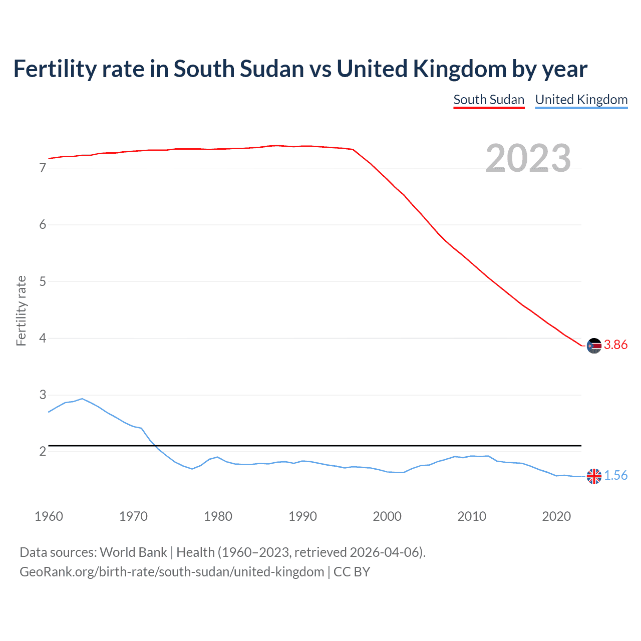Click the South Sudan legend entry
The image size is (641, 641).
pos(489,100)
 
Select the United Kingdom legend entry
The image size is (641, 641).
pos(581,100)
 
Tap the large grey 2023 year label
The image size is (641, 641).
pos(528,158)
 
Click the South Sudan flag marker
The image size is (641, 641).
pos(594,346)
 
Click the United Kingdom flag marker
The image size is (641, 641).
pos(594,476)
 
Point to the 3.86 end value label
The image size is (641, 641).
pos(615,345)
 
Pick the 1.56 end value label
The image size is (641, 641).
pos(615,476)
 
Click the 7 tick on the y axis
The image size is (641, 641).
pos(43,168)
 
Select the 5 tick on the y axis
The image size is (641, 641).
pos(43,281)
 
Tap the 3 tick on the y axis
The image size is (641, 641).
pos(43,395)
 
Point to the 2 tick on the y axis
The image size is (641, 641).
pos(43,452)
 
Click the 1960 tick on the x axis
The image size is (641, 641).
pos(49,516)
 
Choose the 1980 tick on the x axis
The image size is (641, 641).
pos(218,516)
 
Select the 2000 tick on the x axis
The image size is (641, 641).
pos(387,516)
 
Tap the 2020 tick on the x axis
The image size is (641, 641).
pos(556,516)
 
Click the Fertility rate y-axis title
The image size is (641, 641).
pos(21,310)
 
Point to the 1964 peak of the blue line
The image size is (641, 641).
pos(82,399)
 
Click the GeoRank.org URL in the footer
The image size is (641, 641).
pos(172,572)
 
